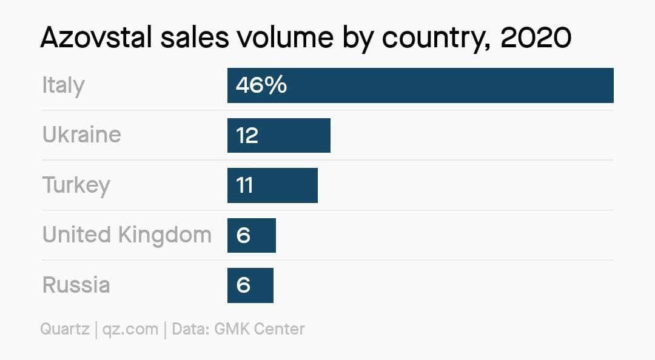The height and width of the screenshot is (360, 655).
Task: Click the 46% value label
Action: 261,85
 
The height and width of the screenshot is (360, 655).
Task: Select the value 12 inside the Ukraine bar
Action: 247,135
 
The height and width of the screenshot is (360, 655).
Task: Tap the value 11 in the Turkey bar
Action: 244,185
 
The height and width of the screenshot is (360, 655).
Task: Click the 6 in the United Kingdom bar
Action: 243,235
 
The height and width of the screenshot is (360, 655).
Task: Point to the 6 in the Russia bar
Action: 243,285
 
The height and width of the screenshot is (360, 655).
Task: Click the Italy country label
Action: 63,85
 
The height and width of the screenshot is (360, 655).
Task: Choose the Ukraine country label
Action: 81,135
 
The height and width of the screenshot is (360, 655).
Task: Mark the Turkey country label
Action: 76,185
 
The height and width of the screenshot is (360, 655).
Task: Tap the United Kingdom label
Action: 127,235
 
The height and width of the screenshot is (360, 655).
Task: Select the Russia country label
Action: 76,285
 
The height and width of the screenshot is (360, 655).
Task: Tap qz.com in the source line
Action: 130,329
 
